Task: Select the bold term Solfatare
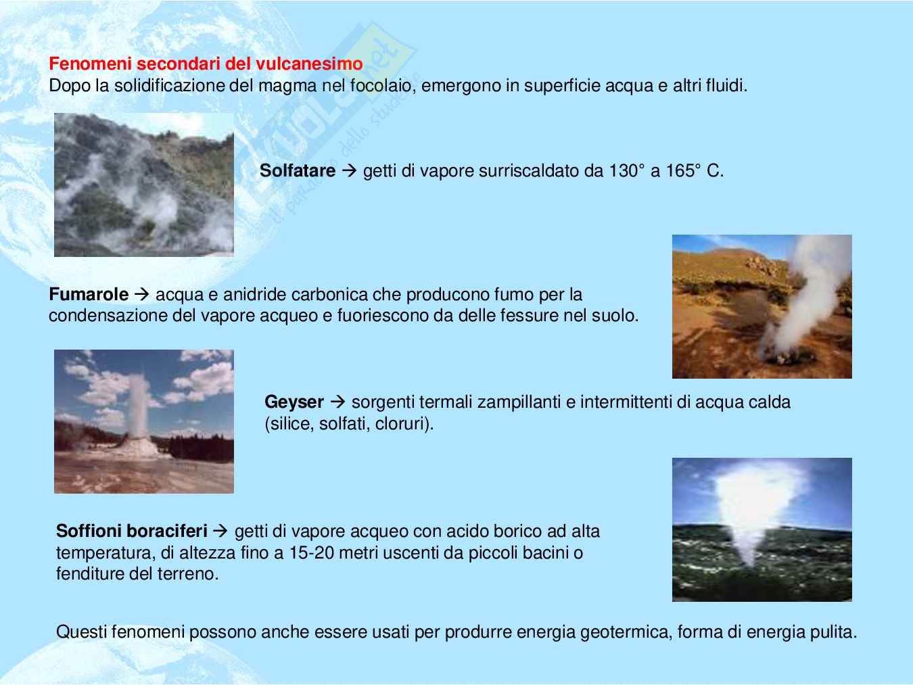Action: [298, 170]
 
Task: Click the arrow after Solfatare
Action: [350, 170]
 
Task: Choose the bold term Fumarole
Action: [89, 294]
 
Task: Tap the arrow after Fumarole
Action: [142, 294]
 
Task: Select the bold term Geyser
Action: [294, 402]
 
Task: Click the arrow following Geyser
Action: [337, 402]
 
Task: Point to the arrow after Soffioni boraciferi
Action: [220, 531]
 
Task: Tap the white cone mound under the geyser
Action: [137, 447]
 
